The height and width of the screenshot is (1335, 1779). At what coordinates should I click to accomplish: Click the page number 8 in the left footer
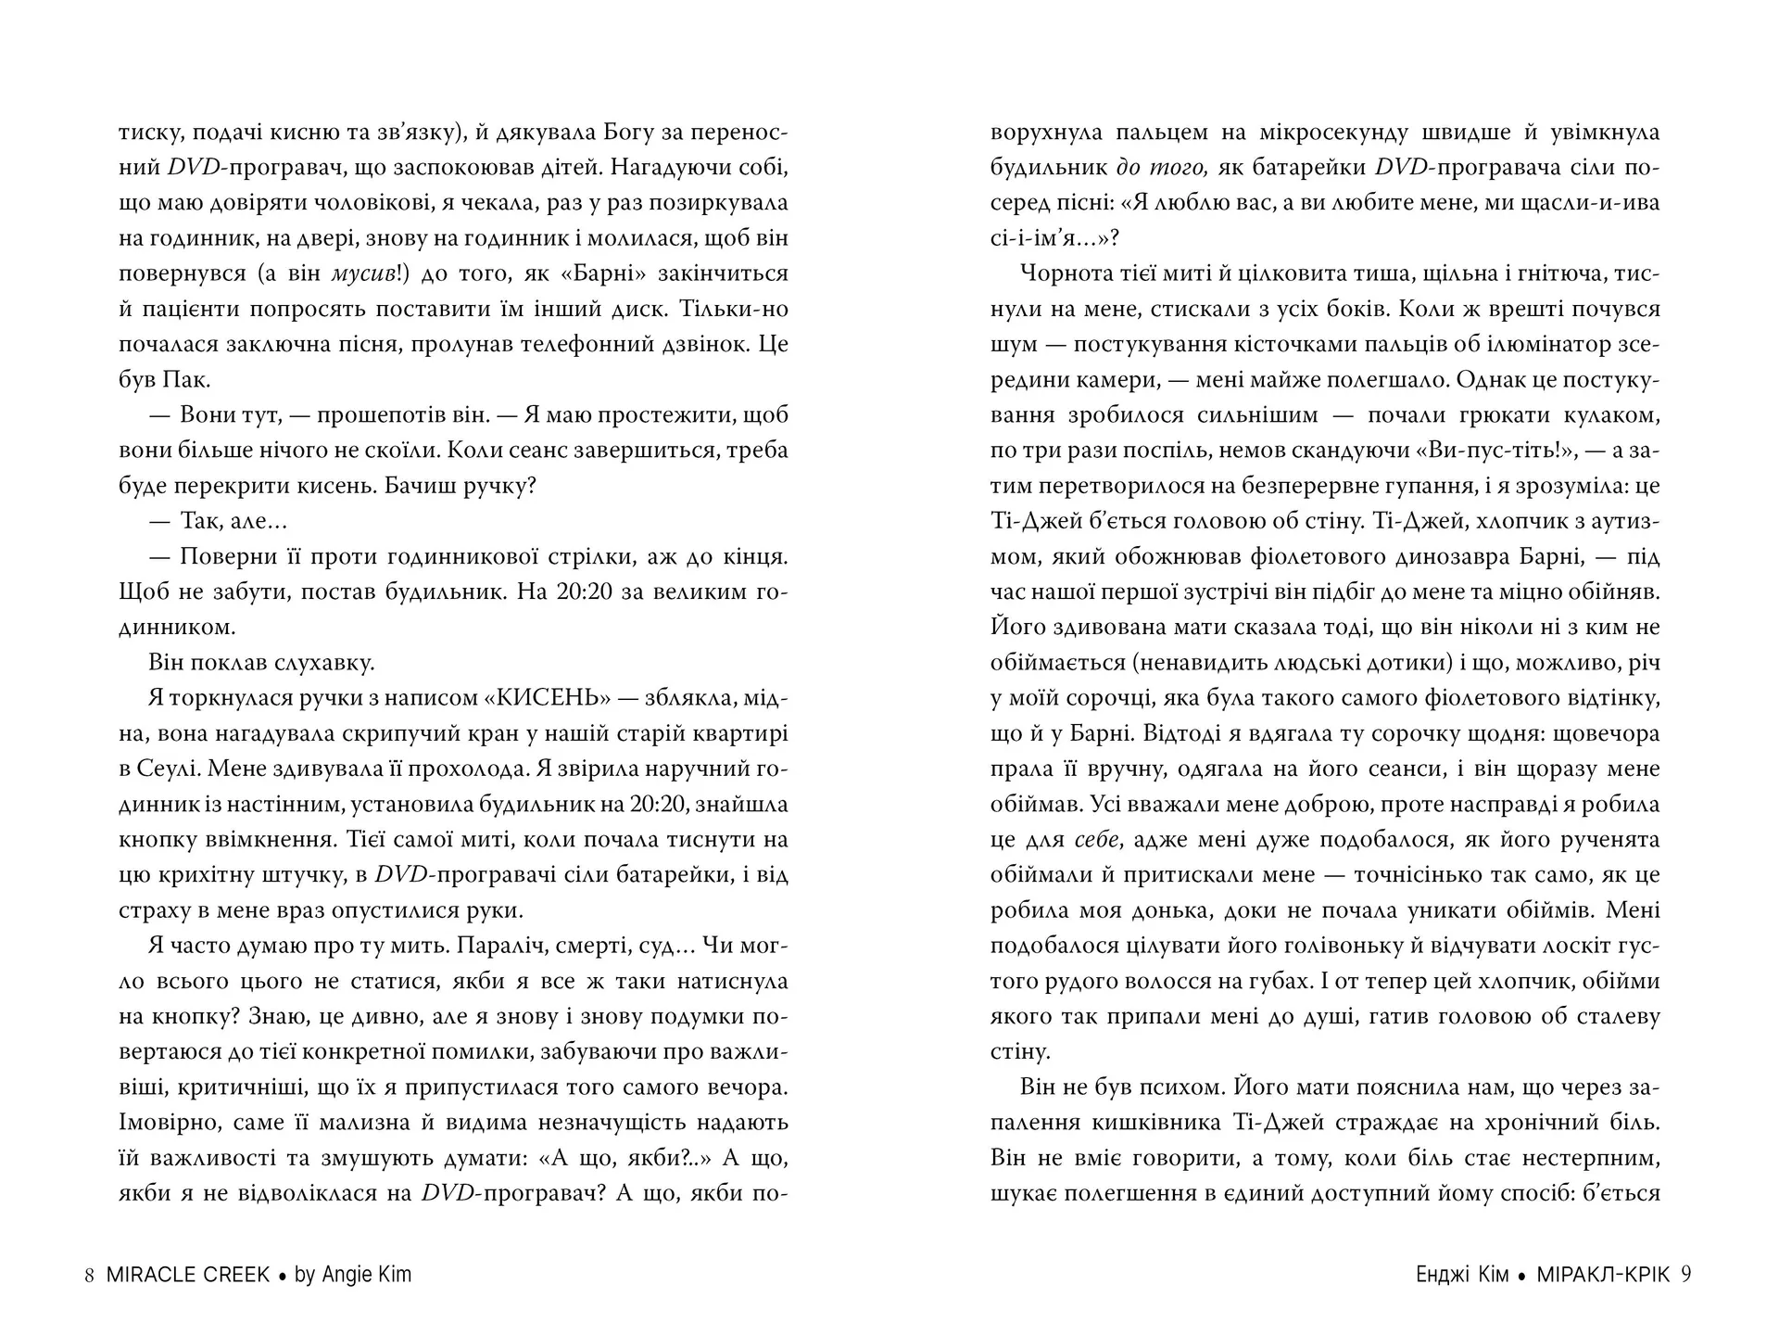point(89,1275)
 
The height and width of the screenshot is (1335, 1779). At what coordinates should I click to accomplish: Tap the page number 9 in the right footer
point(1685,1275)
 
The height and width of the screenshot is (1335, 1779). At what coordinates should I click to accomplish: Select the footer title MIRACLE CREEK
point(188,1275)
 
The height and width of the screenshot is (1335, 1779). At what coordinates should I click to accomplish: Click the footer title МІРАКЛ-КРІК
point(1603,1275)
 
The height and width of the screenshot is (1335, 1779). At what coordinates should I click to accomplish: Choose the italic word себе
point(1097,840)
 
